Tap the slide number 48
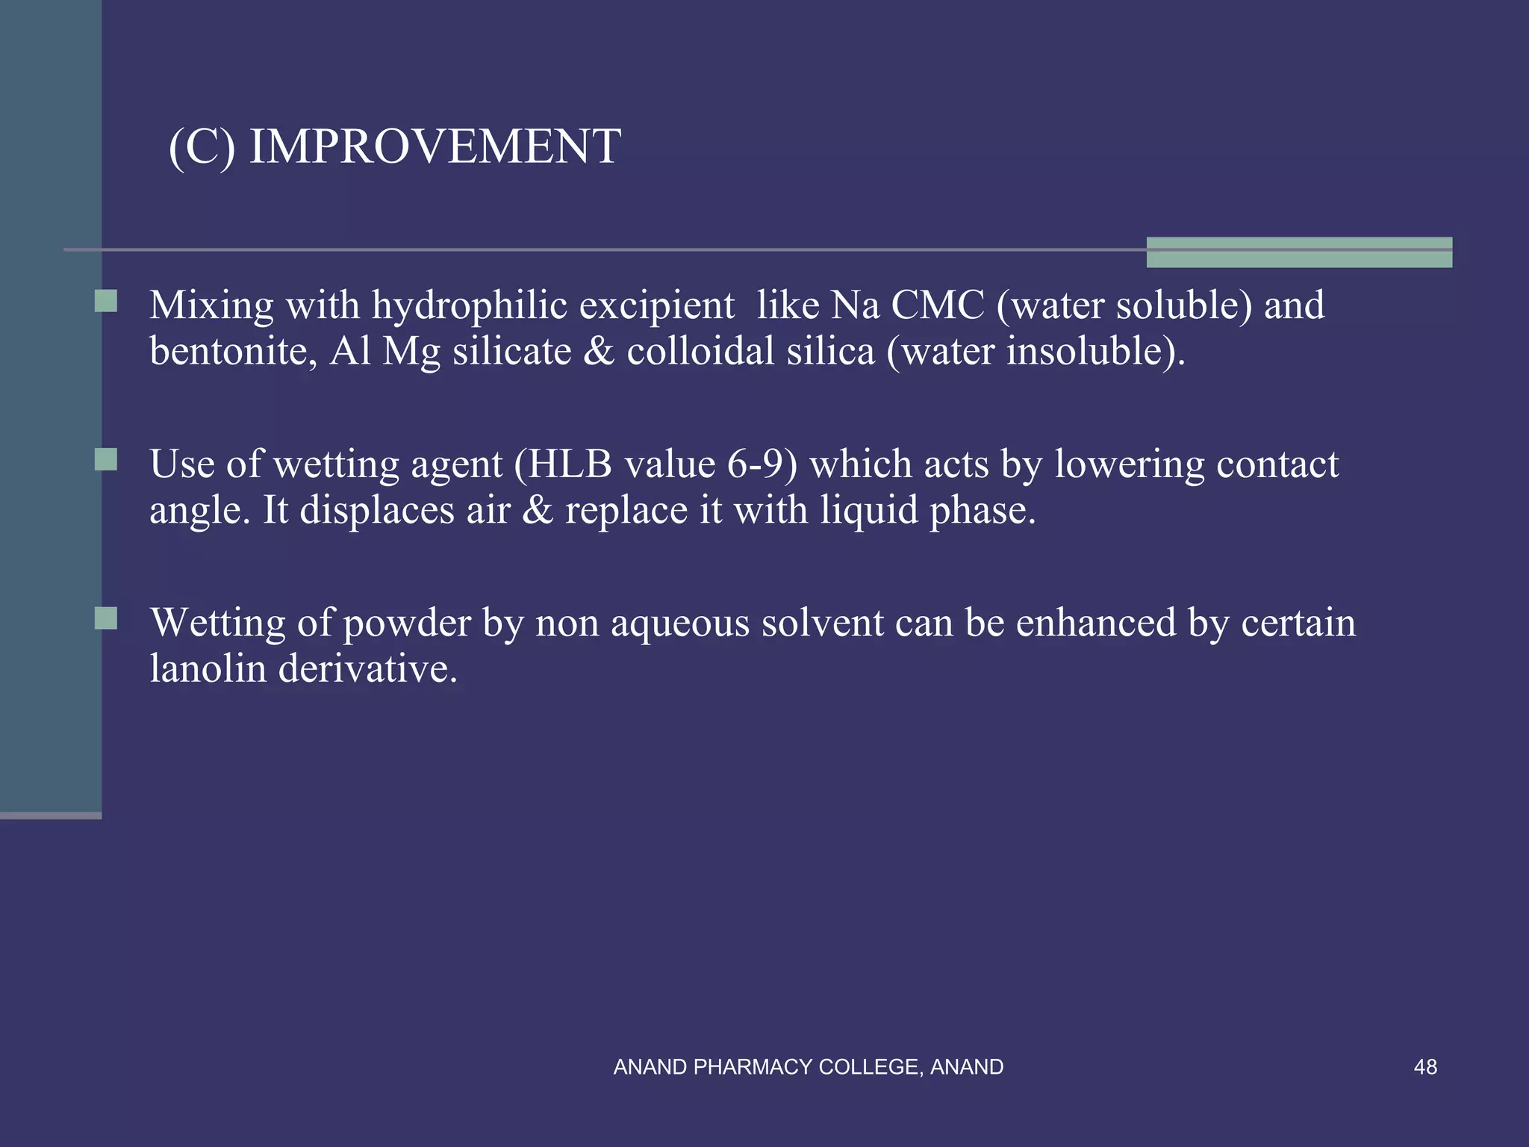point(1424,1067)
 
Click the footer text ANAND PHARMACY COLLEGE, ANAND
point(808,1067)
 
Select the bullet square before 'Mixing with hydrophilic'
point(106,301)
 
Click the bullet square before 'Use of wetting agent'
point(106,459)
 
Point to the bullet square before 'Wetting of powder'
point(106,618)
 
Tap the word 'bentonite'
point(229,351)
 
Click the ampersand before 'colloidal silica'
point(599,351)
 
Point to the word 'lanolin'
point(208,668)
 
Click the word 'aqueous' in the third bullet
point(679,623)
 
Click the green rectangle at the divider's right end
point(1299,252)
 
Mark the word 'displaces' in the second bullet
point(377,510)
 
